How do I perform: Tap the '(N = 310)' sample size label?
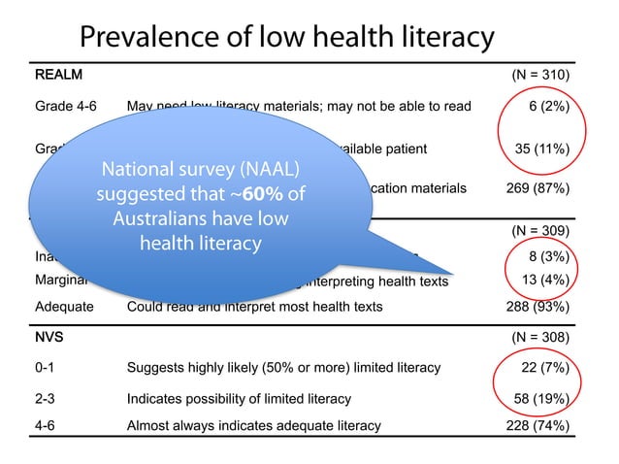coord(540,75)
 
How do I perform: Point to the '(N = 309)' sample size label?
coord(540,231)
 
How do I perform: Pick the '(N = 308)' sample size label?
coord(540,337)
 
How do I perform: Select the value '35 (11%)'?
coord(543,149)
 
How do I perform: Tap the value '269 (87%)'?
coord(538,187)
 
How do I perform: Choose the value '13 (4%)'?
coord(544,282)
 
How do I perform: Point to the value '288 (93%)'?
coord(538,307)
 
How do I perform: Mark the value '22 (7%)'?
coord(544,367)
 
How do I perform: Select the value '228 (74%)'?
coord(538,424)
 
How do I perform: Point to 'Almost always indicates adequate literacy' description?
coord(253,424)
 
